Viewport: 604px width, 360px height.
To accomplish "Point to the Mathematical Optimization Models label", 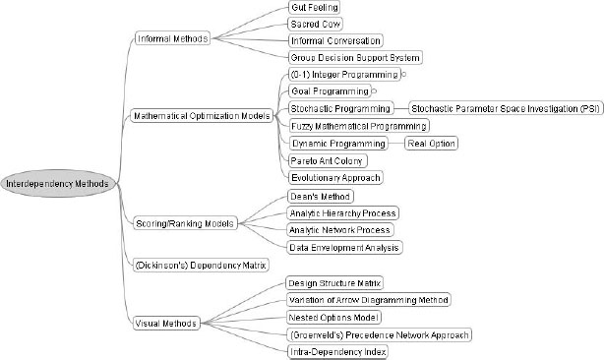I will point(202,116).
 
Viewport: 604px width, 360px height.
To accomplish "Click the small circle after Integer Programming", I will point(403,75).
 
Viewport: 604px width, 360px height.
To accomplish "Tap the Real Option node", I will point(432,143).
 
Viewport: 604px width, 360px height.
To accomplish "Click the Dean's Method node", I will point(313,196).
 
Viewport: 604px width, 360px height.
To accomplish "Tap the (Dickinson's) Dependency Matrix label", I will point(200,266).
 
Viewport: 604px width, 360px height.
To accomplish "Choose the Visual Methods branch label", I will point(164,322).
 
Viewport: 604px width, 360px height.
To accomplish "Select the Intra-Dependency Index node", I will point(336,351).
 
